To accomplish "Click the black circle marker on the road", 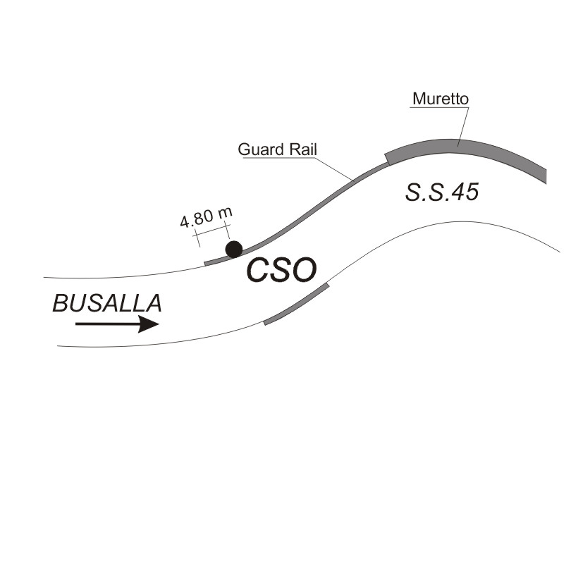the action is [x=234, y=249].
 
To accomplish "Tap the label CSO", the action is [x=281, y=270].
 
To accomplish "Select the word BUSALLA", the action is [x=107, y=303].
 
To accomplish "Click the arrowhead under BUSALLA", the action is [x=148, y=324].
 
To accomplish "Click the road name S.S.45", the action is [x=442, y=192].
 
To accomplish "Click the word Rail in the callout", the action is [x=303, y=149].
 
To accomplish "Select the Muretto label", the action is [x=441, y=99].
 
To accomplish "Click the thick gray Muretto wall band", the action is [x=458, y=146].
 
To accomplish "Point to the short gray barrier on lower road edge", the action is [x=296, y=304].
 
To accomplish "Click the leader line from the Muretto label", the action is [x=463, y=126].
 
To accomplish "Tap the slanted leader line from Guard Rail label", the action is [x=333, y=168].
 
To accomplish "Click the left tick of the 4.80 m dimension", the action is [x=197, y=238].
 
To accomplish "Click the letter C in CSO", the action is [x=257, y=270].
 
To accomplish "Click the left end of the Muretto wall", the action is [x=387, y=159].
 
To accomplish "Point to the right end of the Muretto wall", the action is [x=546, y=177].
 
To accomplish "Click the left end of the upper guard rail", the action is [x=205, y=264].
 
